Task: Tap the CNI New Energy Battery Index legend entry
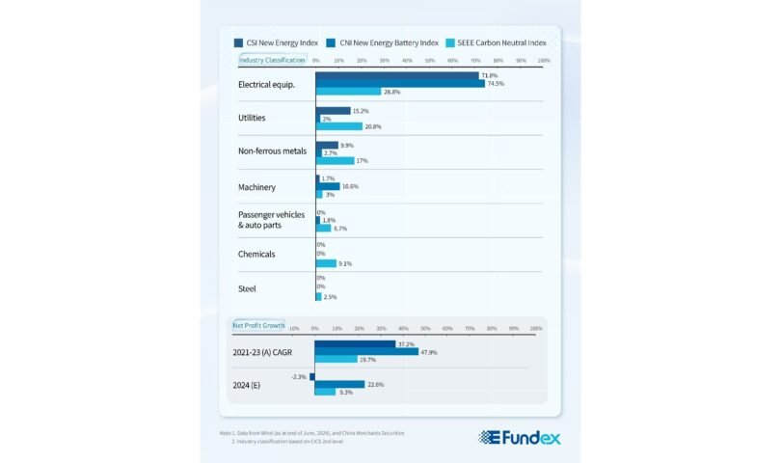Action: pos(384,42)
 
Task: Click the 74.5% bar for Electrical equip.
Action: pos(400,84)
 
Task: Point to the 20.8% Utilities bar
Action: pos(339,126)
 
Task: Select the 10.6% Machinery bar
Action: pos(328,186)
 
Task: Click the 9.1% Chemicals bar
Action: pos(326,262)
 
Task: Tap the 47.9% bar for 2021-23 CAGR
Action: pos(366,352)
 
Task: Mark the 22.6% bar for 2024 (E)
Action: pos(339,384)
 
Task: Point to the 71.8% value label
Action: pos(490,75)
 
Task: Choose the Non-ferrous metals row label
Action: pos(273,151)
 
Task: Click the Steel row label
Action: pos(247,288)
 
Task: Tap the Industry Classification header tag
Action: pos(271,60)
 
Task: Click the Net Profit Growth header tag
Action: pos(256,326)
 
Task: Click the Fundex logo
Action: pos(520,437)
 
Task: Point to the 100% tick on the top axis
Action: pos(543,60)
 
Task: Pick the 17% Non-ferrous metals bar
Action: pos(336,160)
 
